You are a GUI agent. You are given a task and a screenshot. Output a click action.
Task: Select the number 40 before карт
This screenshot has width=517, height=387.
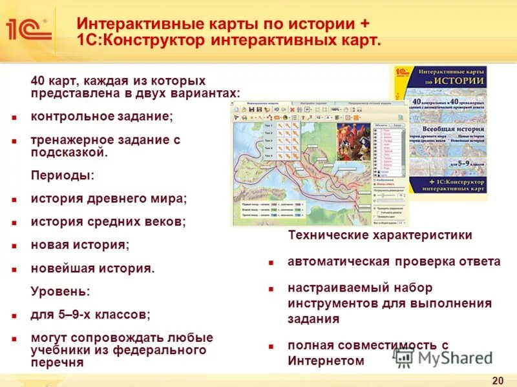click(38, 81)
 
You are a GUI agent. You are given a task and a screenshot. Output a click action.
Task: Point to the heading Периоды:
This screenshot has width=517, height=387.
click(62, 175)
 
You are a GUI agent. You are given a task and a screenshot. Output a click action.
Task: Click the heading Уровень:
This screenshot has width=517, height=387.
click(60, 292)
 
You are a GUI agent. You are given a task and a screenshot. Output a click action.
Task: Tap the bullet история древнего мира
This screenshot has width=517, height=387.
click(109, 199)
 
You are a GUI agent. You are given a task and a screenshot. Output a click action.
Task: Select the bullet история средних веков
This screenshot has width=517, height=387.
click(108, 222)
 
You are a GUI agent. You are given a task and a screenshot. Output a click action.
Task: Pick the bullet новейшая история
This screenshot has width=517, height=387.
click(92, 268)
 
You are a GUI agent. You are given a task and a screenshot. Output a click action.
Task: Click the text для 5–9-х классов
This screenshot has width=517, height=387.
click(90, 315)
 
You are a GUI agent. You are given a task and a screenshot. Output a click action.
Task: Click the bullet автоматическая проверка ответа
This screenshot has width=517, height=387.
click(394, 262)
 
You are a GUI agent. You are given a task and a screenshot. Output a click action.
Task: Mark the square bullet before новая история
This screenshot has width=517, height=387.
click(14, 246)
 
